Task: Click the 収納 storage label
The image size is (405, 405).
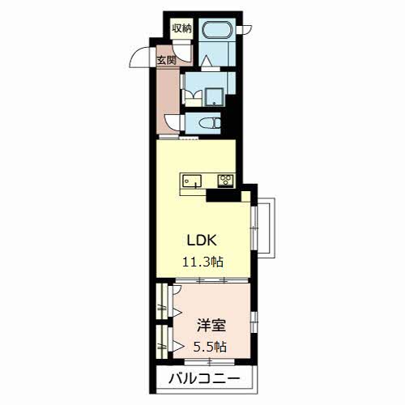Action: click(181, 28)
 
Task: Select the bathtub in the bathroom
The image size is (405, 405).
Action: click(216, 33)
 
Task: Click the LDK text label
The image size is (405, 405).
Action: click(203, 241)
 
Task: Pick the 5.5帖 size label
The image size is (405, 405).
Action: click(211, 347)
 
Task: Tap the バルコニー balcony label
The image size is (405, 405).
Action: click(203, 378)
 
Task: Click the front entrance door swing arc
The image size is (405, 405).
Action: click(144, 58)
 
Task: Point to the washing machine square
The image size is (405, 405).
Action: click(214, 96)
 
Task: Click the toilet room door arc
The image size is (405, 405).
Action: click(173, 122)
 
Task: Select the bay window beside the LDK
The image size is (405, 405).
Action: click(264, 226)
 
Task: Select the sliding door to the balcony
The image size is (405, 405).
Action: click(204, 365)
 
